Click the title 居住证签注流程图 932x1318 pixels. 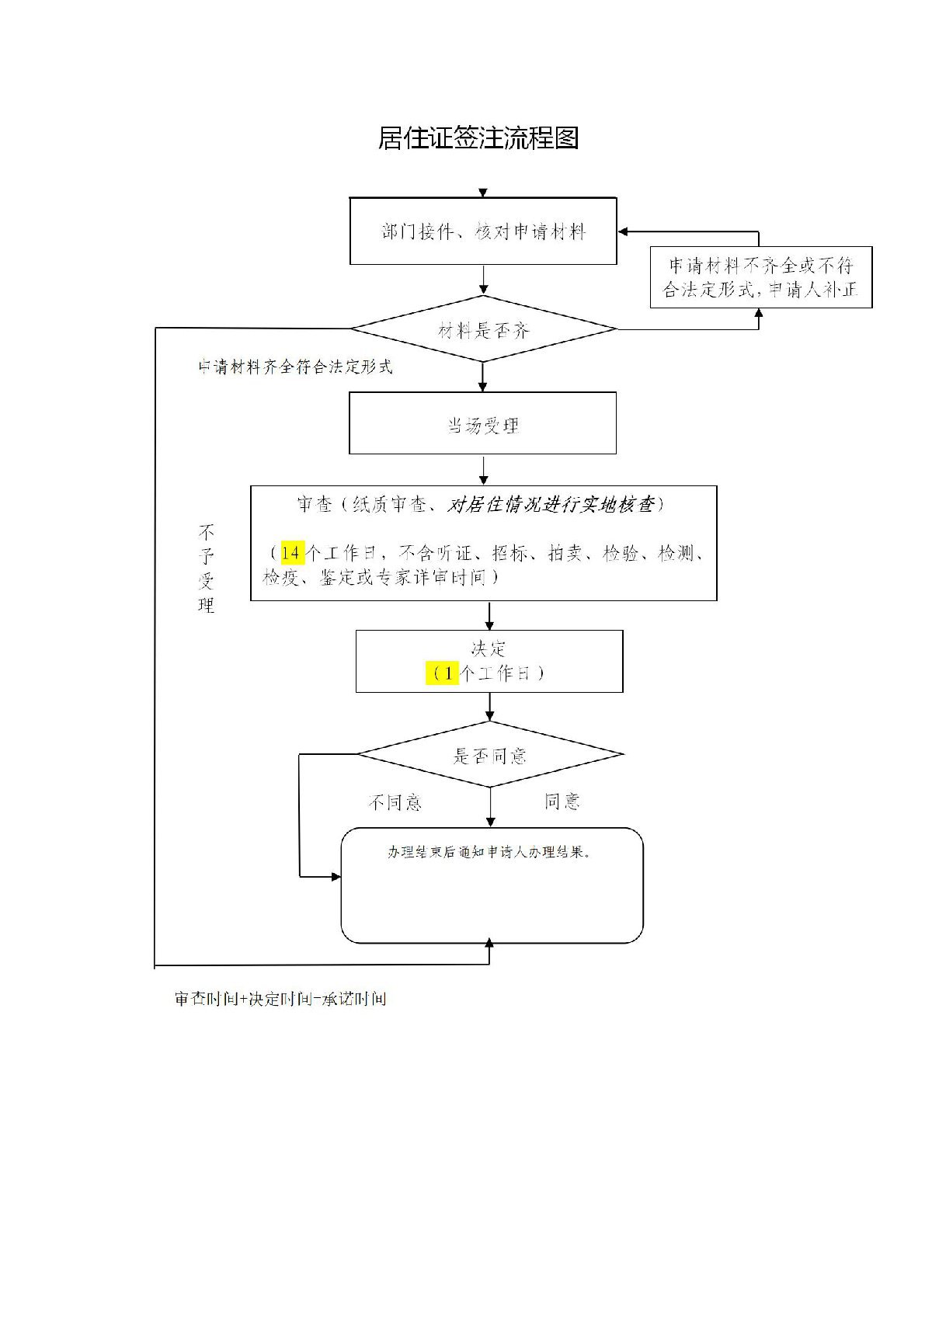478,138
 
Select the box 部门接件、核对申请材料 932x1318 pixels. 483,231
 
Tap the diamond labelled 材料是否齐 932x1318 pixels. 483,330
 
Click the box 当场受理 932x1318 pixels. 482,424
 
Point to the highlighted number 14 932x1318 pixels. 291,553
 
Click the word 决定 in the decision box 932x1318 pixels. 489,649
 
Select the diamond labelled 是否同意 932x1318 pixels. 489,755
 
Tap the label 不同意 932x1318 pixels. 395,802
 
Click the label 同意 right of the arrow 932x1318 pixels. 562,801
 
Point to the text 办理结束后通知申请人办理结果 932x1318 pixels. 490,852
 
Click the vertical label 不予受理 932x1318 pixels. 206,569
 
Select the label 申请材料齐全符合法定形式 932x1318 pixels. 295,367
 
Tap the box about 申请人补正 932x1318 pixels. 760,277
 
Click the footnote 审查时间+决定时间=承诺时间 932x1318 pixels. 280,999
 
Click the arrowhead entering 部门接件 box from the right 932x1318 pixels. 624,231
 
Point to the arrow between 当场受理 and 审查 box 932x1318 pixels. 484,471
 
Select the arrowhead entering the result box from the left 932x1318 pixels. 336,877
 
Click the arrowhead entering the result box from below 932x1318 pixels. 489,943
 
